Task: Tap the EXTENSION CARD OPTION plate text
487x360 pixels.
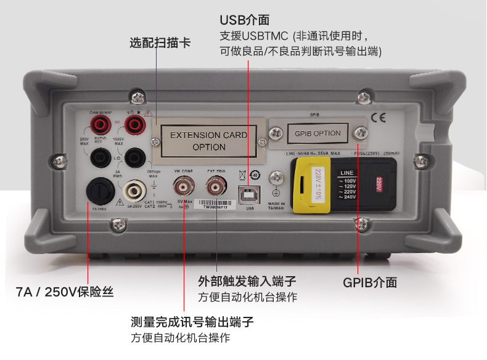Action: pyautogui.click(x=208, y=141)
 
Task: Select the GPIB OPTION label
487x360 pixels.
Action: pyautogui.click(x=317, y=133)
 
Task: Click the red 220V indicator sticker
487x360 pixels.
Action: pyautogui.click(x=379, y=184)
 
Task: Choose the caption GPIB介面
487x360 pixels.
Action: pyautogui.click(x=370, y=282)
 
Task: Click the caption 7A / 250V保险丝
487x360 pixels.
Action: pyautogui.click(x=65, y=292)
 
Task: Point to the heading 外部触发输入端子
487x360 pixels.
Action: pyautogui.click(x=247, y=282)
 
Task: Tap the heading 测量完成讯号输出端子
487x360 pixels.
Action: pyautogui.click(x=192, y=322)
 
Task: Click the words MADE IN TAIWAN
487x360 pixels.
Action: pyautogui.click(x=277, y=205)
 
